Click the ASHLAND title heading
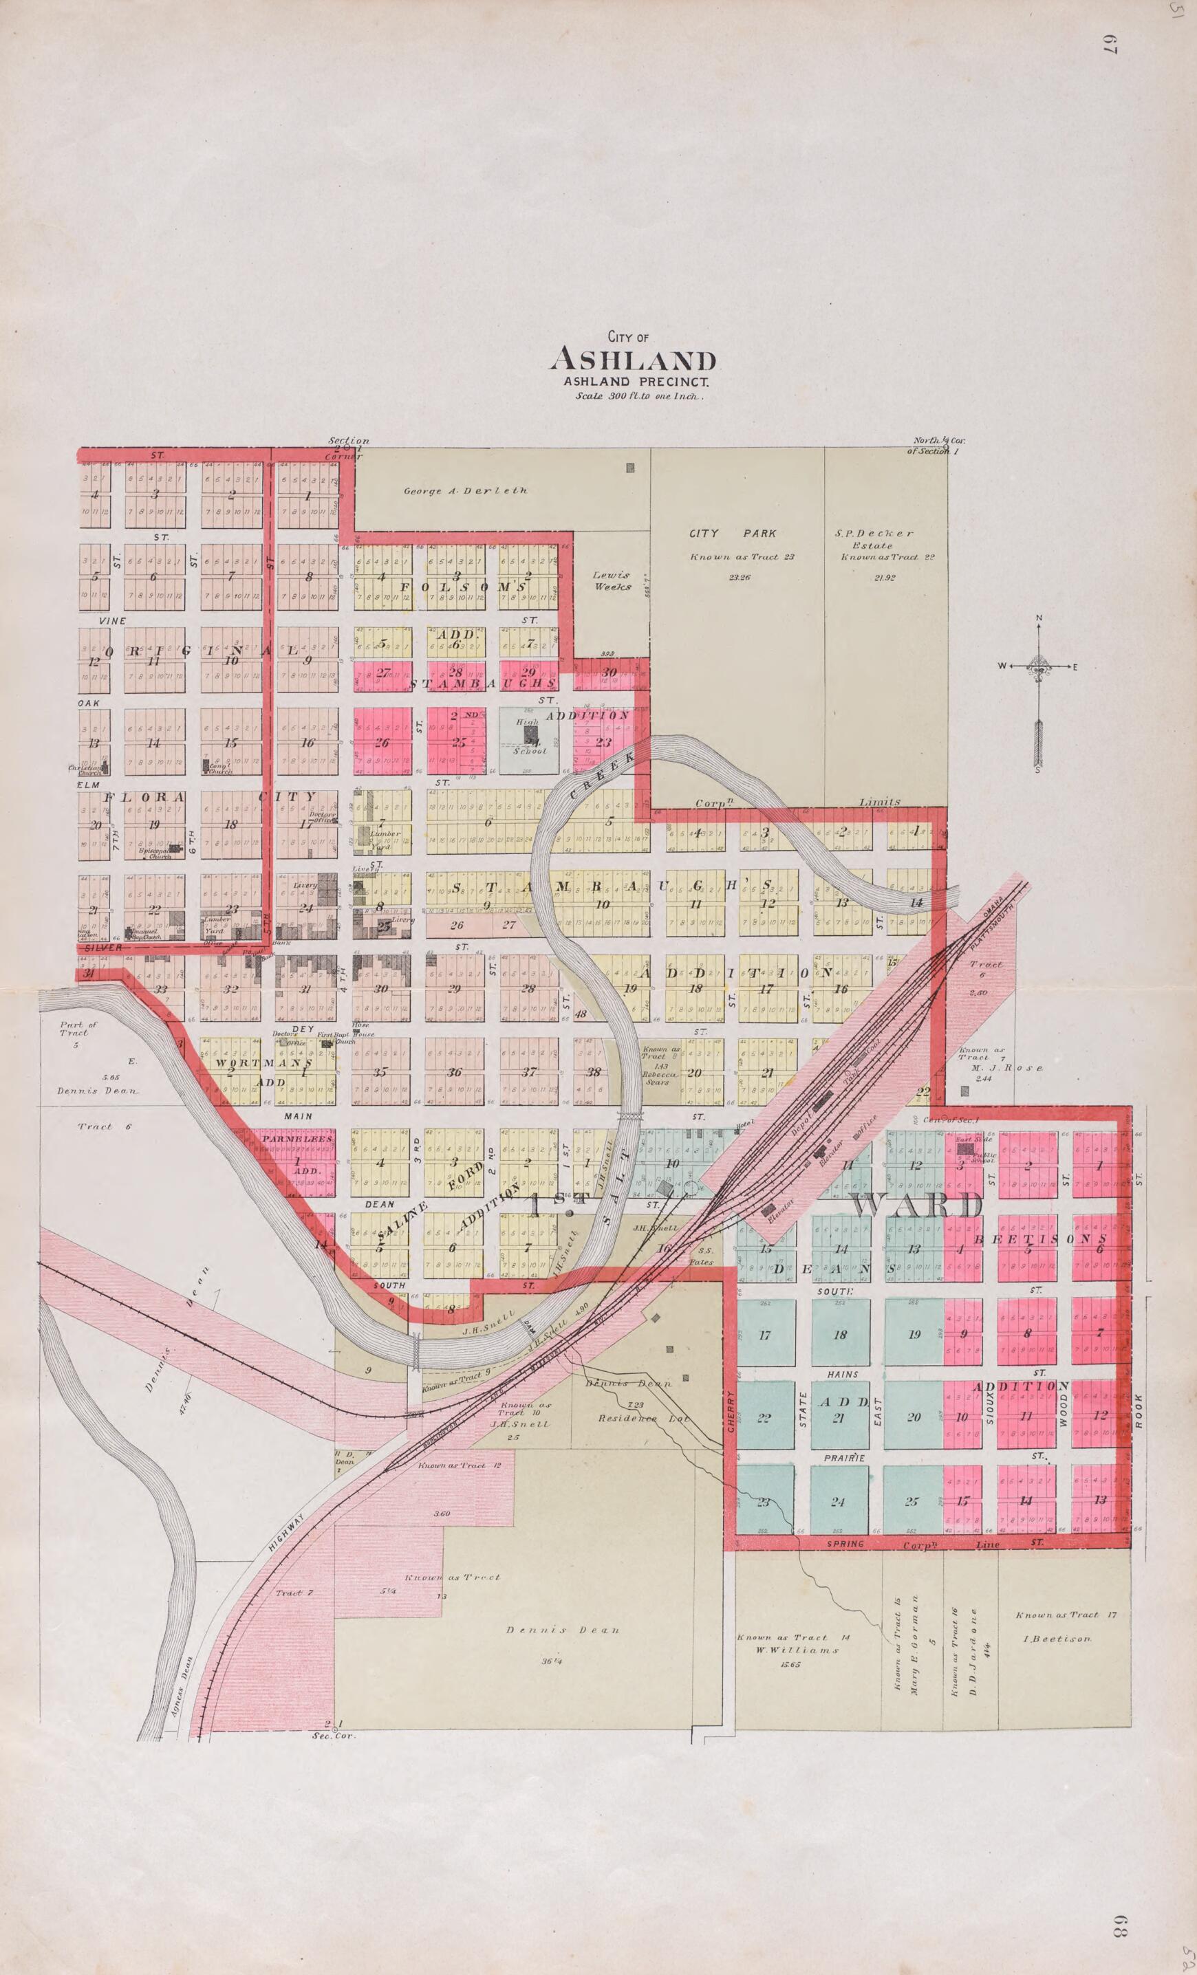(x=633, y=358)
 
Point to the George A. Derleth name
(x=464, y=490)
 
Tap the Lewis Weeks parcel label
(x=611, y=580)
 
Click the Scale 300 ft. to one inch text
(x=634, y=396)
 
